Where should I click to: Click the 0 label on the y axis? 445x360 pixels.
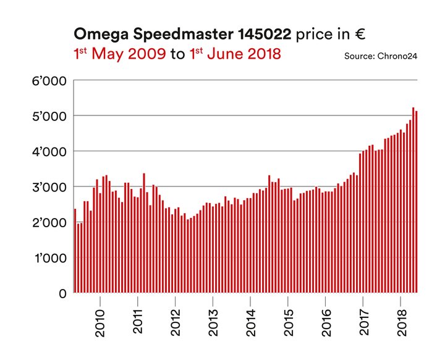click(x=62, y=293)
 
